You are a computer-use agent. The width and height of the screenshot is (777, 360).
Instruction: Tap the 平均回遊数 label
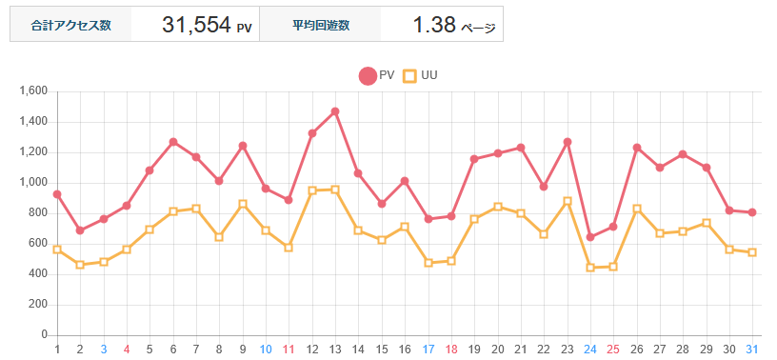pyautogui.click(x=321, y=26)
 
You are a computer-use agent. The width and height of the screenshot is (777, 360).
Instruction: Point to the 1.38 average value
pyautogui.click(x=434, y=26)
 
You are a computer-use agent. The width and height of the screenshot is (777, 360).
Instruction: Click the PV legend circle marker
pyautogui.click(x=368, y=75)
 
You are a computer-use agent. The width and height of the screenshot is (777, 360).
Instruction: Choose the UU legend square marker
pyautogui.click(x=410, y=75)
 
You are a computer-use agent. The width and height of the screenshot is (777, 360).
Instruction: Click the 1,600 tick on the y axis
pyautogui.click(x=33, y=91)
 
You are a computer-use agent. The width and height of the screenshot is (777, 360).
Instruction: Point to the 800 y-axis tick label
pyautogui.click(x=37, y=213)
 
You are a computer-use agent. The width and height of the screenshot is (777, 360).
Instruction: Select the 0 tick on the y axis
pyautogui.click(x=44, y=335)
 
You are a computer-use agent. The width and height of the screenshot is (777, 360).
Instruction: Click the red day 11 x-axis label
pyautogui.click(x=289, y=350)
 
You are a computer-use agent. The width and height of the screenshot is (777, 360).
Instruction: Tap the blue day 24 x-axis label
pyautogui.click(x=590, y=350)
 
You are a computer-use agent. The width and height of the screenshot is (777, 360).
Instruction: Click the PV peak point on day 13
pyautogui.click(x=335, y=111)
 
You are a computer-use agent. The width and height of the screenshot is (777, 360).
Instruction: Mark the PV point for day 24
pyautogui.click(x=590, y=237)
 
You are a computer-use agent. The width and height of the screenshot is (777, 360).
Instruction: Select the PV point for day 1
pyautogui.click(x=57, y=194)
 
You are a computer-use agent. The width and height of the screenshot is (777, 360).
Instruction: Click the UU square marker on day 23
pyautogui.click(x=568, y=201)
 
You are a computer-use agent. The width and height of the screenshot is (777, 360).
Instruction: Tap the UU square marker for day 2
pyautogui.click(x=80, y=265)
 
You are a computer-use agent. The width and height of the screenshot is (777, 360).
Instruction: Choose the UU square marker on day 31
pyautogui.click(x=752, y=252)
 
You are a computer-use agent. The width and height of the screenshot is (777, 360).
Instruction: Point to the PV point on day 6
pyautogui.click(x=173, y=142)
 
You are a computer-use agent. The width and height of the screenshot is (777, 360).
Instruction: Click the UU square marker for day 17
pyautogui.click(x=428, y=263)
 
